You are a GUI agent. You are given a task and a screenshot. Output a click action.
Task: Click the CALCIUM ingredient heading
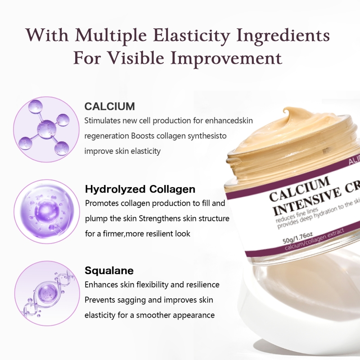pos(109,107)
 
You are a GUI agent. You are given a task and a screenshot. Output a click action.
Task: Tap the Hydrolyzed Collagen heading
pos(140,189)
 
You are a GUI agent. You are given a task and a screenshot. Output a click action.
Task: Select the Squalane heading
pos(109,271)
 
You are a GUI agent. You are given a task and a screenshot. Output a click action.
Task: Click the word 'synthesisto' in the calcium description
pos(202,135)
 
